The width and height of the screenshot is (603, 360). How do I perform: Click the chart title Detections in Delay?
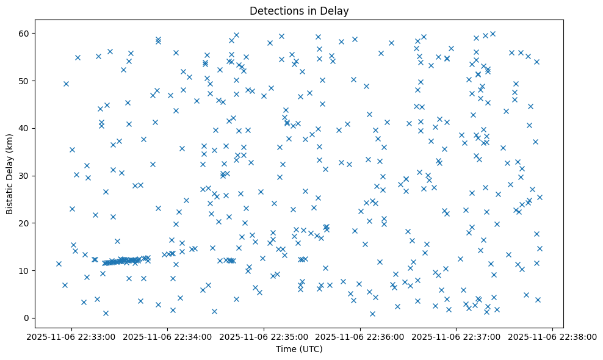[x=299, y=10]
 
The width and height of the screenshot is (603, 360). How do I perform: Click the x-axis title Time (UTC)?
[x=299, y=349]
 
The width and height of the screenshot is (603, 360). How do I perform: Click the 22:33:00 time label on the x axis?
[x=72, y=336]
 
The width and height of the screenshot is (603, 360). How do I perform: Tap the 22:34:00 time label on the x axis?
[x=168, y=336]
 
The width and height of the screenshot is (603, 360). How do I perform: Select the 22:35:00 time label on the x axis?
[x=264, y=336]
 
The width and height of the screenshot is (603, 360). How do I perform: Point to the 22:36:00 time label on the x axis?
[x=360, y=336]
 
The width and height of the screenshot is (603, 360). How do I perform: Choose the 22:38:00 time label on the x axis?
[x=552, y=336]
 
